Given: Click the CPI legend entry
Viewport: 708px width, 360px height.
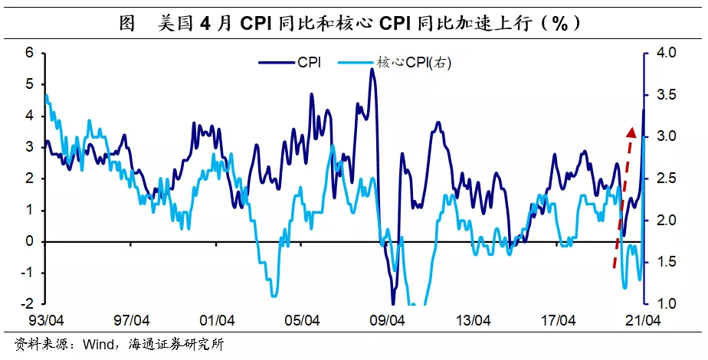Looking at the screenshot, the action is tap(290, 63).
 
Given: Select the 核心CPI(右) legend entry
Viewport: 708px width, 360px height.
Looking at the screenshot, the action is tap(395, 63).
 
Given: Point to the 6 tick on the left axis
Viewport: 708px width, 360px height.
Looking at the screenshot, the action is tap(30, 53).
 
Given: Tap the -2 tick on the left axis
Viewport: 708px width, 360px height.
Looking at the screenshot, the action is tap(28, 303).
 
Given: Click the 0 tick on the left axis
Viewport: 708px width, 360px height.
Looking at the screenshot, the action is tap(30, 241).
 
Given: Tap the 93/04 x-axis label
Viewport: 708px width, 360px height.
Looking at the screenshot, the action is tap(46, 321).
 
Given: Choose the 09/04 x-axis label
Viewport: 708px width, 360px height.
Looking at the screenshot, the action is tap(386, 321).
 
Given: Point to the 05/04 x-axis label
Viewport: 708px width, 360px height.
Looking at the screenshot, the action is tap(302, 321).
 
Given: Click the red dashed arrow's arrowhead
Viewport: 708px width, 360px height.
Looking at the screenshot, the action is tap(631, 133).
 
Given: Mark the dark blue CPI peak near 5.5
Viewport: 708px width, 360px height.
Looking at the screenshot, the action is tap(371, 69).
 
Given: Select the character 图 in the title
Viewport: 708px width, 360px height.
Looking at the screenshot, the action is tap(128, 24).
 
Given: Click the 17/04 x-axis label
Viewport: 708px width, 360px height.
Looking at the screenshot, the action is tap(558, 321).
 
